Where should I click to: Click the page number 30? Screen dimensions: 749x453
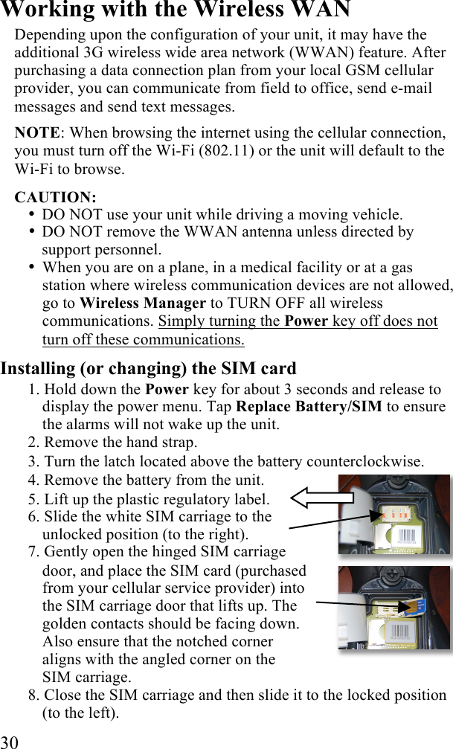(x=10, y=741)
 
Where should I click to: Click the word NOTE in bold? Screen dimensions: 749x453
(x=37, y=133)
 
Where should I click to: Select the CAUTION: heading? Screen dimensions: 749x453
(x=55, y=198)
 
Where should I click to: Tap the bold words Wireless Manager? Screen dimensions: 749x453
(x=142, y=303)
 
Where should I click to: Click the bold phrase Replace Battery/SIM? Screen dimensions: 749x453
(x=309, y=408)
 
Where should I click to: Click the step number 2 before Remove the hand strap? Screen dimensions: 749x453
(x=33, y=443)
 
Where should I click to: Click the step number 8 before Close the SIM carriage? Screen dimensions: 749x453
(x=33, y=695)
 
